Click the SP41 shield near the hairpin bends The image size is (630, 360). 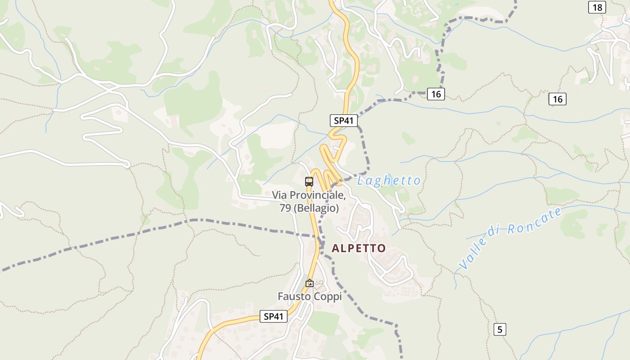coord(343,121)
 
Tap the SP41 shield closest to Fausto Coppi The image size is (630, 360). coord(274,316)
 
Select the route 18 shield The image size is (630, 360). coord(597,7)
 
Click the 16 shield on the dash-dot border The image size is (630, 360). coord(436,94)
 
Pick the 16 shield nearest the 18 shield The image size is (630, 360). coord(558,99)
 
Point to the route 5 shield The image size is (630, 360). coord(499,329)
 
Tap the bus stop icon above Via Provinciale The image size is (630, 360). coord(309,182)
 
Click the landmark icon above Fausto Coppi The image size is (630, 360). coord(309,283)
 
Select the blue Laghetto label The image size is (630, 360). coord(389,181)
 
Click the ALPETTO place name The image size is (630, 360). coord(359,248)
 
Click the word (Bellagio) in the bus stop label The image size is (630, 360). coord(316,208)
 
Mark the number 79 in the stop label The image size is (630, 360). coord(285,208)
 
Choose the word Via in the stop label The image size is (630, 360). coord(279,196)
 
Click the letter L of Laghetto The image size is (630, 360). coord(361,181)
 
